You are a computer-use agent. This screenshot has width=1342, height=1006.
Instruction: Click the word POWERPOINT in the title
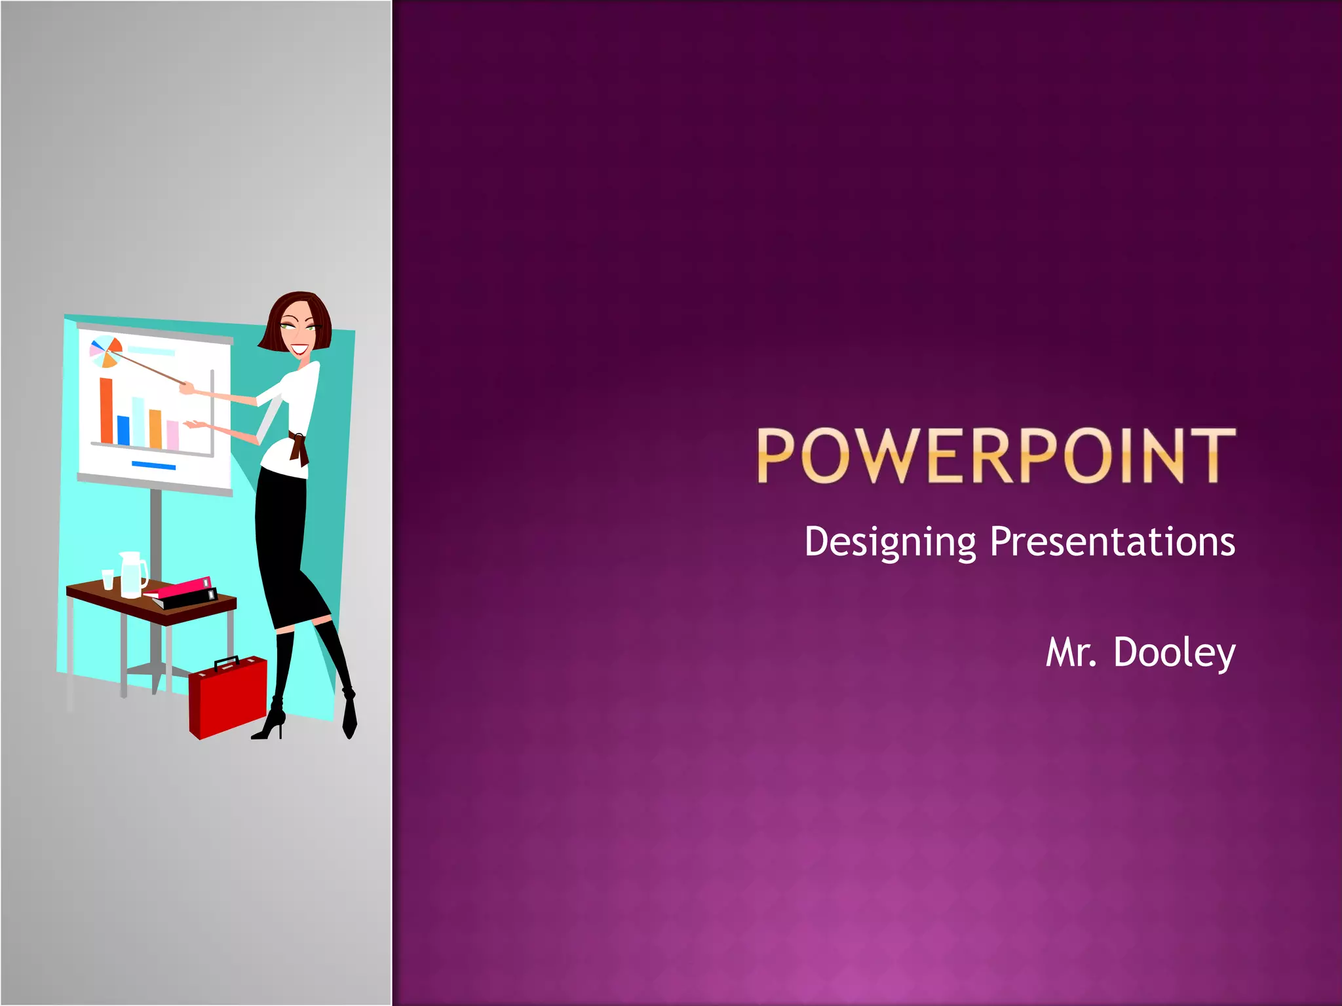(x=996, y=456)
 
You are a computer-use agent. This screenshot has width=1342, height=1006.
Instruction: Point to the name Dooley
(x=1174, y=653)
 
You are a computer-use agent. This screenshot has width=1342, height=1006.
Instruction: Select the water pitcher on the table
(x=132, y=574)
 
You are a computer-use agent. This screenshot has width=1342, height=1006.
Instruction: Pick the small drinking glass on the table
(x=108, y=579)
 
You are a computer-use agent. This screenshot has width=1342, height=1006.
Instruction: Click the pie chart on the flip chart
(x=105, y=352)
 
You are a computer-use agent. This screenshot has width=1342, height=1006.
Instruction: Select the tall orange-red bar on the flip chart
(x=106, y=411)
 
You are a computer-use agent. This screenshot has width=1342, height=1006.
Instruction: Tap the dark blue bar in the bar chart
(x=123, y=430)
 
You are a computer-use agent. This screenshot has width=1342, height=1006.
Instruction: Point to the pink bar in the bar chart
(x=172, y=435)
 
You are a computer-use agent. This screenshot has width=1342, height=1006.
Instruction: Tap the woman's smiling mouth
(x=299, y=350)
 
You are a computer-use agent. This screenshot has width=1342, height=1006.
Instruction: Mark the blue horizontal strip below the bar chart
(x=153, y=466)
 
